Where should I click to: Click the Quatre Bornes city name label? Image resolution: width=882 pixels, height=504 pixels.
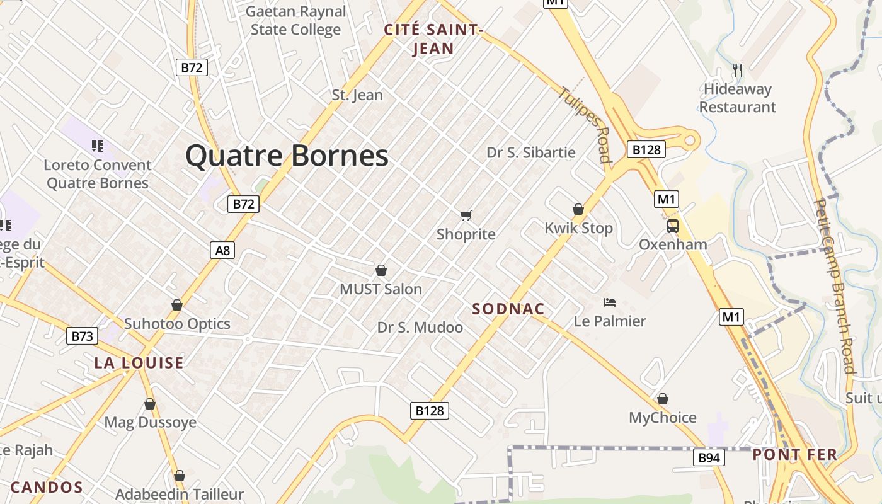point(287,156)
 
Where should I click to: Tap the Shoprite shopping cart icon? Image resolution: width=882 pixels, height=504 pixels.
point(466,216)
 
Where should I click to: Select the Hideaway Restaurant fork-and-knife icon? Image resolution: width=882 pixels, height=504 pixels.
point(738,70)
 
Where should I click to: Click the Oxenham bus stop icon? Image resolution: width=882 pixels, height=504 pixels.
point(673,226)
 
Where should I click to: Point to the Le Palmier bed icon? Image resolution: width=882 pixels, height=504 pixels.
point(609,302)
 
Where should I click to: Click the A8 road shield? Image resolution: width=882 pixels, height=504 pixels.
point(222,250)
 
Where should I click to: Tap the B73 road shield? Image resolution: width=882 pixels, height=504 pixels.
point(82,336)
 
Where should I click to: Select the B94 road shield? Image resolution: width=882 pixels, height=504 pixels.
point(709,457)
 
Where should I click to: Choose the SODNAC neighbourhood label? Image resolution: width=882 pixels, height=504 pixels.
point(508,309)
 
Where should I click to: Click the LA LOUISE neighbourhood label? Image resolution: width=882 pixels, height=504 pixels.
point(139,363)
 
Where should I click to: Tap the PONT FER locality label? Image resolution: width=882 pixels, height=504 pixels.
point(794,454)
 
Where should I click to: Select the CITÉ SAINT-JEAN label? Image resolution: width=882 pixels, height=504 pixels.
point(433,39)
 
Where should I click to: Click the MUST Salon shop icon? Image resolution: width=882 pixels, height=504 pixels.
point(381,271)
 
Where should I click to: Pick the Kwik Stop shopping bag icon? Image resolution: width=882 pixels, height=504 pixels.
point(578,209)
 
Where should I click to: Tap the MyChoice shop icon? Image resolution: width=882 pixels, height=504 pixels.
point(663,399)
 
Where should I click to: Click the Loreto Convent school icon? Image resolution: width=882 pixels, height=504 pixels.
point(98,146)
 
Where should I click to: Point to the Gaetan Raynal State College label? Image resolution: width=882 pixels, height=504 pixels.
point(295,20)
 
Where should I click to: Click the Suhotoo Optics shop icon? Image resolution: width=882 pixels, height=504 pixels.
point(177,305)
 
